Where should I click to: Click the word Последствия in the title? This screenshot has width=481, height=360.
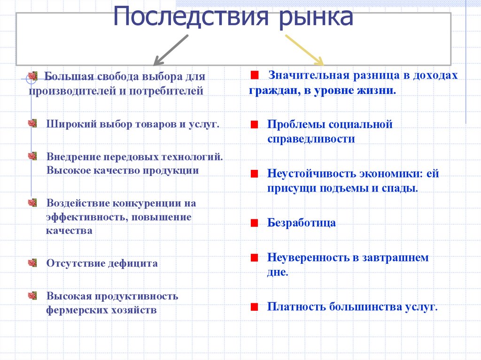tap(191, 18)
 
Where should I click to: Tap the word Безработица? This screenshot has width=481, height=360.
tap(302, 222)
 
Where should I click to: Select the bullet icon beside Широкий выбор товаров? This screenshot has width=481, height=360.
tap(32, 123)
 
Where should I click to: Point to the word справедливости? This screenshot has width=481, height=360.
tap(311, 139)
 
